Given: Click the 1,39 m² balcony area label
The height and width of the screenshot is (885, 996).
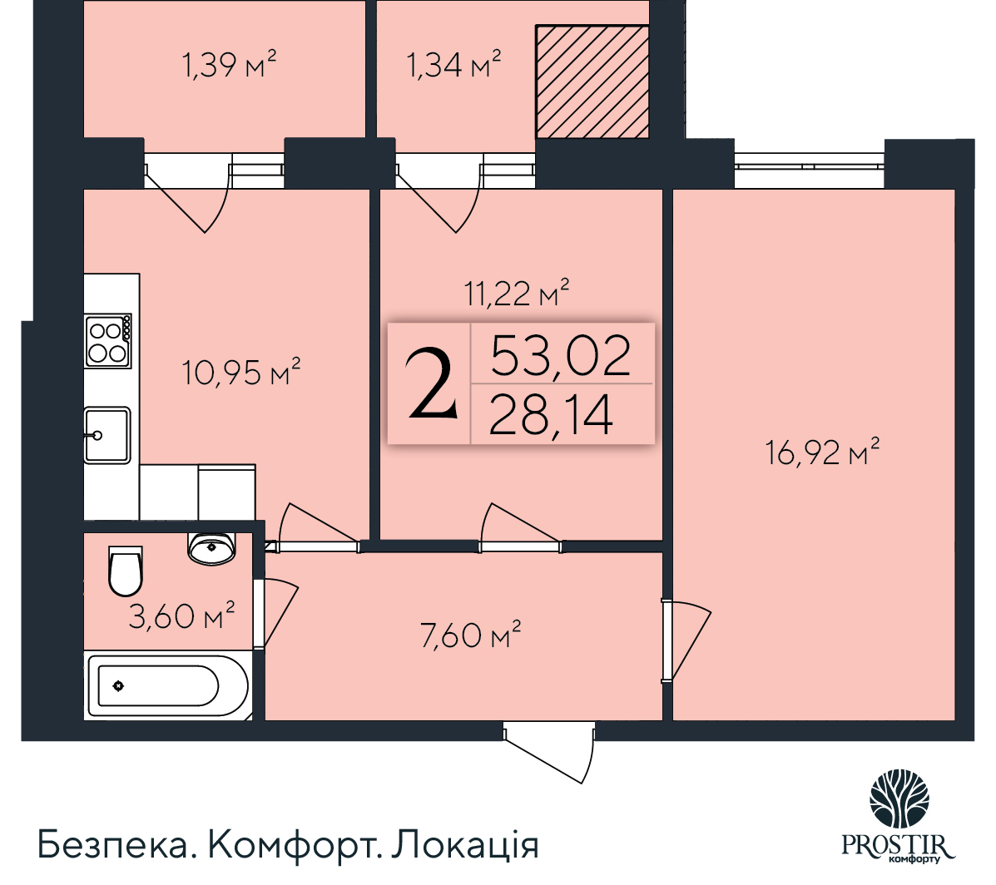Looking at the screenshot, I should pyautogui.click(x=229, y=64).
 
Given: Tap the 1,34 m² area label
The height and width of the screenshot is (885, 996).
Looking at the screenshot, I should pyautogui.click(x=453, y=64).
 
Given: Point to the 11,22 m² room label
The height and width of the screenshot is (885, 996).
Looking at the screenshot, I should pyautogui.click(x=517, y=293).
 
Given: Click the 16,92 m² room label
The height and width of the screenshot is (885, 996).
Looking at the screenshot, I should pyautogui.click(x=823, y=453).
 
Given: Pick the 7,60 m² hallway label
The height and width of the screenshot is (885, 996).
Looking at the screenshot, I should pyautogui.click(x=471, y=636).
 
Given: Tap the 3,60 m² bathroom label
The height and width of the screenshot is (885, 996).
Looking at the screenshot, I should pyautogui.click(x=181, y=616).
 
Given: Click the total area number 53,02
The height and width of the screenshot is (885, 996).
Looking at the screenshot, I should pyautogui.click(x=561, y=355).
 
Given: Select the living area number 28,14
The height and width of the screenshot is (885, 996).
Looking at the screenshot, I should pyautogui.click(x=551, y=415).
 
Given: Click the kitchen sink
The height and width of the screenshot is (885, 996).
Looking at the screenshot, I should pyautogui.click(x=107, y=434).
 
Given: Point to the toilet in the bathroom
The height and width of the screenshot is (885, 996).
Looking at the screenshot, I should pyautogui.click(x=126, y=570).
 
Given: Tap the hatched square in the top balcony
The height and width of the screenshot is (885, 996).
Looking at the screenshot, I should pyautogui.click(x=592, y=81).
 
